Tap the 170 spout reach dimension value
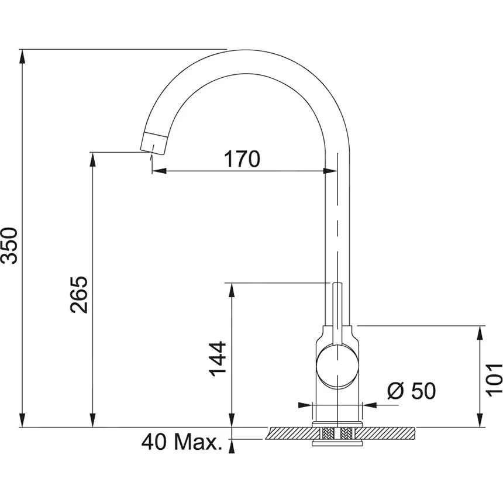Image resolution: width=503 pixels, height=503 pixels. [242, 159]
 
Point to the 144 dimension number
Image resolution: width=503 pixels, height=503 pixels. [218, 359]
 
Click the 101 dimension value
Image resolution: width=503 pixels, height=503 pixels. [493, 377]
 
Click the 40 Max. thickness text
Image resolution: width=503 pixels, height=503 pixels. [182, 443]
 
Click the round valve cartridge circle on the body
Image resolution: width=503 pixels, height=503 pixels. [336, 366]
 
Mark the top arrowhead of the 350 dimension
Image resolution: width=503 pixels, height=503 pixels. [23, 56]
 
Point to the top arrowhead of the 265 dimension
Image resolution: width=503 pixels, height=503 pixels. [92, 159]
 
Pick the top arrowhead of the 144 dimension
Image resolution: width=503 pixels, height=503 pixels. [233, 290]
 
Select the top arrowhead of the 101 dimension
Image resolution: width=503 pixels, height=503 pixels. [481, 332]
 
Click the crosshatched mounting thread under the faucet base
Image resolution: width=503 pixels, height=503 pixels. [337, 434]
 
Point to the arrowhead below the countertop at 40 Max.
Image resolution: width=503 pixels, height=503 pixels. [233, 446]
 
